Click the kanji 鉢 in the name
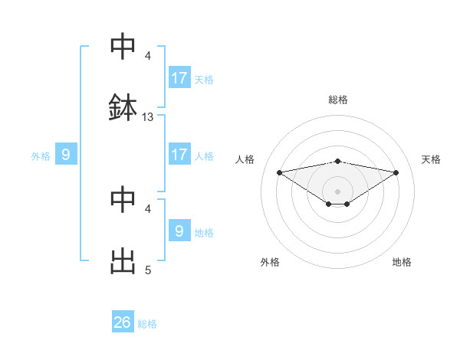pyautogui.click(x=123, y=108)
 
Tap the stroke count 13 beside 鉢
pyautogui.click(x=148, y=117)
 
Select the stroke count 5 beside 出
pyautogui.click(x=148, y=270)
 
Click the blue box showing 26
pyautogui.click(x=123, y=323)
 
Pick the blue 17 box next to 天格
pyautogui.click(x=179, y=78)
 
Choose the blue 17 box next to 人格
pyautogui.click(x=179, y=155)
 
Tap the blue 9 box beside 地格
pyautogui.click(x=179, y=231)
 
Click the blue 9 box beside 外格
pyautogui.click(x=66, y=155)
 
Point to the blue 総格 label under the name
pyautogui.click(x=147, y=324)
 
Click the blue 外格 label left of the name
pyautogui.click(x=41, y=156)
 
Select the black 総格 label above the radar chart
pyautogui.click(x=338, y=100)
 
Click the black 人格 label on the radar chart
pyautogui.click(x=245, y=159)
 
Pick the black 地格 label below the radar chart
pyautogui.click(x=402, y=262)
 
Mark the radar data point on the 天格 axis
pyautogui.click(x=396, y=172)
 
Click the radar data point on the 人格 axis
pyautogui.click(x=280, y=172)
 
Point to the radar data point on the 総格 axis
pyautogui.click(x=338, y=161)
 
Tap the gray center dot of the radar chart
pyautogui.click(x=338, y=191)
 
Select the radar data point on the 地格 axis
pyautogui.click(x=347, y=204)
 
